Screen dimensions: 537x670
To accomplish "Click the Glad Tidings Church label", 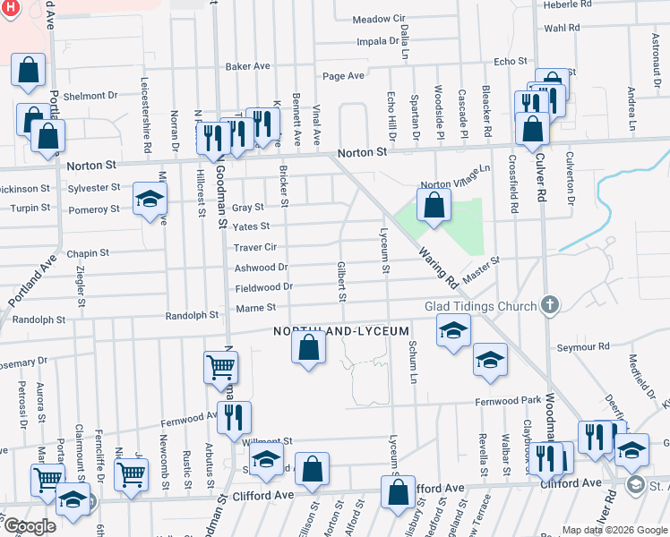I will pyautogui.click(x=480, y=306).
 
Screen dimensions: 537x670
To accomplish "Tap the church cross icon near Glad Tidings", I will pyautogui.click(x=551, y=306).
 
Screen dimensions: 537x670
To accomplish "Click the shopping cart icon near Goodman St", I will pyautogui.click(x=220, y=366).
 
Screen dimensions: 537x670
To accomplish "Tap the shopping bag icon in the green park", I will pyautogui.click(x=434, y=204).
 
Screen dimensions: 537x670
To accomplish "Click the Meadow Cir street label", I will pyautogui.click(x=379, y=19).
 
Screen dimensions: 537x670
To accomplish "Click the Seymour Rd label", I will pyautogui.click(x=582, y=346).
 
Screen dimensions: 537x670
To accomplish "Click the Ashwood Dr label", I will pyautogui.click(x=261, y=267).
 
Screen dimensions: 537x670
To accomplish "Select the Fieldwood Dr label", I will pyautogui.click(x=263, y=286).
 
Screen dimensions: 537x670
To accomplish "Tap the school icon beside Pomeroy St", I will pyautogui.click(x=150, y=200).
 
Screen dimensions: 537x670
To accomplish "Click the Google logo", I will pyautogui.click(x=30, y=526).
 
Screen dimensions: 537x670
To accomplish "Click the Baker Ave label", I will pyautogui.click(x=248, y=66).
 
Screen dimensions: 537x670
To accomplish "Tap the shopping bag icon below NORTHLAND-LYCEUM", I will pyautogui.click(x=308, y=348).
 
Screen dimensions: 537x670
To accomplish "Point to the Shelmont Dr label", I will pyautogui.click(x=90, y=95).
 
